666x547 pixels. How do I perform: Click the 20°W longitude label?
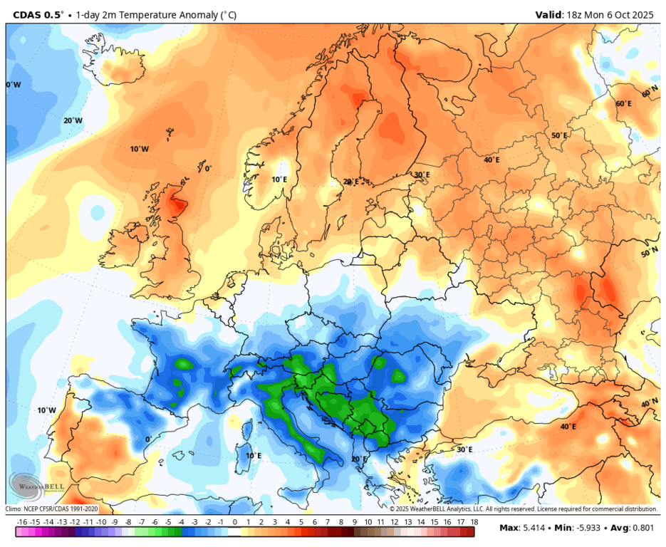click(x=73, y=120)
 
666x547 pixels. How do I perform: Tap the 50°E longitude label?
click(x=560, y=135)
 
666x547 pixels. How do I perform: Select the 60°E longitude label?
click(x=623, y=104)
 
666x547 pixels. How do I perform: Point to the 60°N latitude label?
click(x=649, y=93)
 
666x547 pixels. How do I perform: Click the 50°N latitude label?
click(x=649, y=253)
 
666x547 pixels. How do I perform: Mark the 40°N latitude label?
click(x=649, y=403)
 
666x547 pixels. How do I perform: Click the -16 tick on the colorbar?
click(x=22, y=522)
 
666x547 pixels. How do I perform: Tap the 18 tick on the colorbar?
click(x=474, y=522)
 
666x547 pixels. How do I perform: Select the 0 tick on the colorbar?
click(x=235, y=522)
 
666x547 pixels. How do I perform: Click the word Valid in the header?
click(x=549, y=14)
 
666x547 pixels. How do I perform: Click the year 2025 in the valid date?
click(x=647, y=14)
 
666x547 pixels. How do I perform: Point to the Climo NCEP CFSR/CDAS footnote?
click(x=51, y=509)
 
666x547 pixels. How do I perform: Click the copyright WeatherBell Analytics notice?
click(x=523, y=509)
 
